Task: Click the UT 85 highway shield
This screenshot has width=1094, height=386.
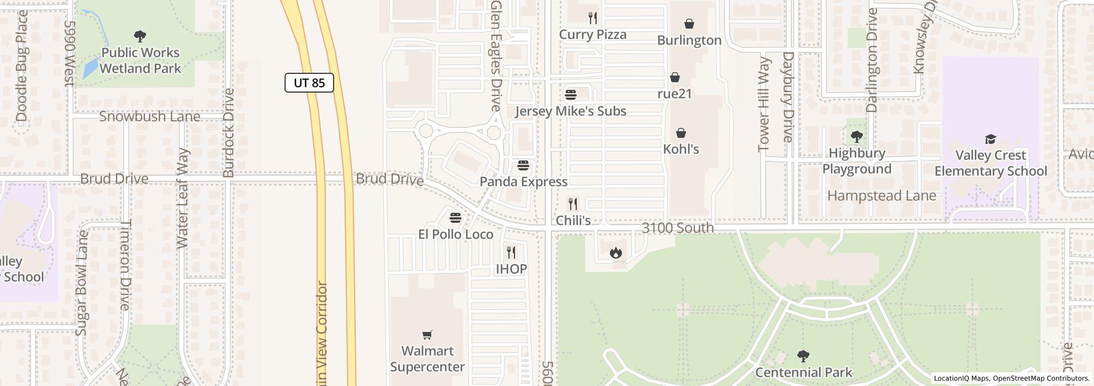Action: click(x=309, y=83)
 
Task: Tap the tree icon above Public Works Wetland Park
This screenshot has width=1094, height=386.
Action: click(x=140, y=36)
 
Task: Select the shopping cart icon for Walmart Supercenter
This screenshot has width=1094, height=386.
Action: click(x=427, y=335)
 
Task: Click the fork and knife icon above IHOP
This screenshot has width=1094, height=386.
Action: click(x=511, y=253)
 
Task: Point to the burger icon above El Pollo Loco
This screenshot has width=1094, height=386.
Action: click(x=455, y=218)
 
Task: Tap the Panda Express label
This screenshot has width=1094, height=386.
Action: click(x=523, y=181)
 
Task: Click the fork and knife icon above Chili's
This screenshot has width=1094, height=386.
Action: click(x=573, y=204)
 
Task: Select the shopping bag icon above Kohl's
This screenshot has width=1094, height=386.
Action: click(x=681, y=133)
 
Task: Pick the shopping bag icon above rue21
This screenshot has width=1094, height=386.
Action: click(x=674, y=77)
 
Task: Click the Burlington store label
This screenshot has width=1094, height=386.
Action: click(x=689, y=40)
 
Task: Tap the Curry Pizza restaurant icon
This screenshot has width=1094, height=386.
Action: click(x=593, y=18)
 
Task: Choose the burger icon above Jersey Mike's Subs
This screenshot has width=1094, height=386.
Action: click(x=571, y=94)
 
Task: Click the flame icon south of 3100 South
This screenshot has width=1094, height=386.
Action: click(x=615, y=253)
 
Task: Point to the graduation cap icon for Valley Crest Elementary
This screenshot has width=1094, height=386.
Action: click(x=990, y=139)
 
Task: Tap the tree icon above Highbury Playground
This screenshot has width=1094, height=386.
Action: click(x=856, y=137)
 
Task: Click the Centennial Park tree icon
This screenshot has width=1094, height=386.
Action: click(x=803, y=356)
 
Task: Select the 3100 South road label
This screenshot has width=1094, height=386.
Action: click(x=678, y=228)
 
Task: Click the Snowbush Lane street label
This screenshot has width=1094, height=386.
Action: click(x=149, y=116)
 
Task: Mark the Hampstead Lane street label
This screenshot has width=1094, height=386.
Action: click(x=881, y=196)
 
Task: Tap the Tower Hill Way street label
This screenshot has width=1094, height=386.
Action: click(x=764, y=104)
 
